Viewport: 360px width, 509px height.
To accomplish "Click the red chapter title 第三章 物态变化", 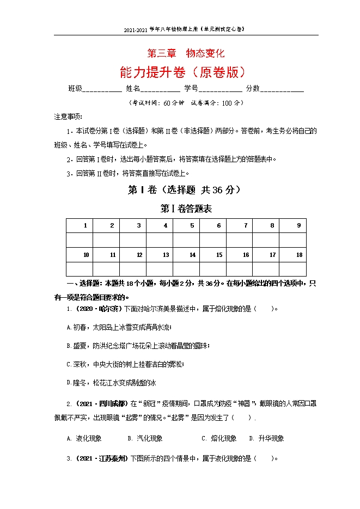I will (x=186, y=53).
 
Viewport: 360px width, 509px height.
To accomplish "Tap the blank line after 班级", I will (x=102, y=90).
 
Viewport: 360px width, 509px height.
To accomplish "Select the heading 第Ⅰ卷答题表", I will (x=186, y=208).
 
